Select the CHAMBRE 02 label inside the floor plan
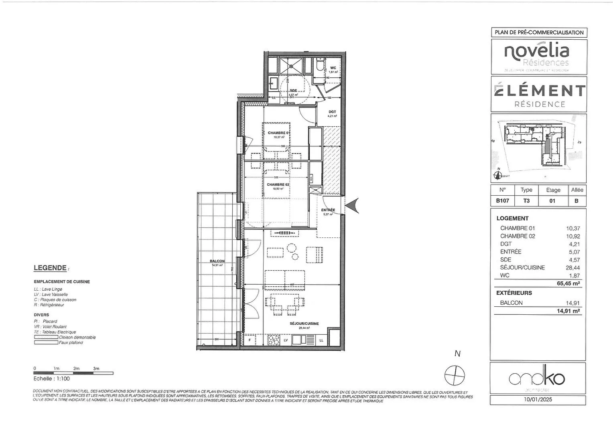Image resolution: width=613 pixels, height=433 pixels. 278,185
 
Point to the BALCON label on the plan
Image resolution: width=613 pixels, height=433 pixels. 217,261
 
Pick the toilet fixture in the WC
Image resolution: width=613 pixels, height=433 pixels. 320,65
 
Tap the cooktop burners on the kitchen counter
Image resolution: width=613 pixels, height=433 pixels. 274,340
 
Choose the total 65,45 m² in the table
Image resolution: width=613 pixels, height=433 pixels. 568,283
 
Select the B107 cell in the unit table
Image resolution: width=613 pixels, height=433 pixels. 502,201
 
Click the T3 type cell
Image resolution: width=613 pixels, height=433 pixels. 526,201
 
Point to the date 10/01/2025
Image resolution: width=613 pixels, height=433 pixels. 538,399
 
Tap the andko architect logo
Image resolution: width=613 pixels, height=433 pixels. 537,378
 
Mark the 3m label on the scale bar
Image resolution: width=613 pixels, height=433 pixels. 96,368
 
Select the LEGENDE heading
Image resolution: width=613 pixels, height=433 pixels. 50,268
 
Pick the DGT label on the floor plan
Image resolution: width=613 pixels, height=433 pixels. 332,112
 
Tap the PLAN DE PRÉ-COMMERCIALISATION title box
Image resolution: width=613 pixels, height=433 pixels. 539,32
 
